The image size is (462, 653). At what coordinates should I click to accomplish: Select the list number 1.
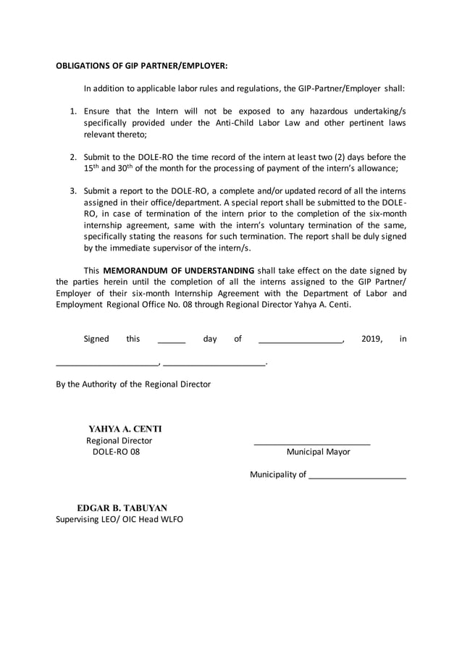73,111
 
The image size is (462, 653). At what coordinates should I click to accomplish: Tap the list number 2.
73,156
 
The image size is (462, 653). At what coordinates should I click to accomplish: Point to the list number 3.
73,190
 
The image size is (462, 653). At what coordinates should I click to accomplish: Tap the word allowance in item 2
376,168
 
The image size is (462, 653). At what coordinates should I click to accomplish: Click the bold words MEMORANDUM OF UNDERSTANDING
179,271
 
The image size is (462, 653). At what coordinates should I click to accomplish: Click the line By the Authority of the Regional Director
133,384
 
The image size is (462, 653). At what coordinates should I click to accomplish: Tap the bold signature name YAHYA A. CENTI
125,429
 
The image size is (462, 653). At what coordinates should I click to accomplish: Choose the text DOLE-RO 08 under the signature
116,452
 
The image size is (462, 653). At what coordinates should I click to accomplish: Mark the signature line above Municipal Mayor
311,442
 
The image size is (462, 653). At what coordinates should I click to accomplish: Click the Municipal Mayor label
318,452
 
